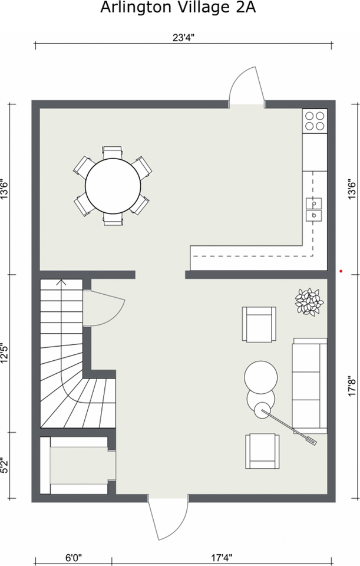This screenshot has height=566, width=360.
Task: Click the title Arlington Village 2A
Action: click(178, 8)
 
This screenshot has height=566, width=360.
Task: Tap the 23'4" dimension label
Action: click(184, 38)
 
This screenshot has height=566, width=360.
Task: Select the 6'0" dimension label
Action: click(74, 558)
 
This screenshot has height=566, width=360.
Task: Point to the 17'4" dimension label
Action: click(222, 558)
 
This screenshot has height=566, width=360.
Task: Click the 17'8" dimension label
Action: click(352, 387)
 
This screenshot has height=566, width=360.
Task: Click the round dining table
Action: click(113, 186)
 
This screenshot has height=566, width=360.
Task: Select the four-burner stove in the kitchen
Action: click(315, 121)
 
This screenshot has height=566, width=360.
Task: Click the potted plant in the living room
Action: click(309, 302)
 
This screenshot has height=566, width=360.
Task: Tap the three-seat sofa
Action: click(310, 386)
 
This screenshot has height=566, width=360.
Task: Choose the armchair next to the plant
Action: click(259, 324)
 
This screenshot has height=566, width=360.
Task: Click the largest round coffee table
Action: click(261, 377)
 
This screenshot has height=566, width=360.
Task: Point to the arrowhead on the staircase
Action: click(61, 282)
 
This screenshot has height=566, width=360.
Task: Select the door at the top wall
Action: click(247, 87)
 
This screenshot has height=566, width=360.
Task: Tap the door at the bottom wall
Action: click(168, 519)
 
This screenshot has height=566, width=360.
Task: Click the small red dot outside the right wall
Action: click(341, 271)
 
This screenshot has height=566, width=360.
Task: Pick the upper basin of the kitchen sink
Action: click(314, 203)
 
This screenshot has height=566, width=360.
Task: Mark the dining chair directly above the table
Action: click(113, 152)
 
